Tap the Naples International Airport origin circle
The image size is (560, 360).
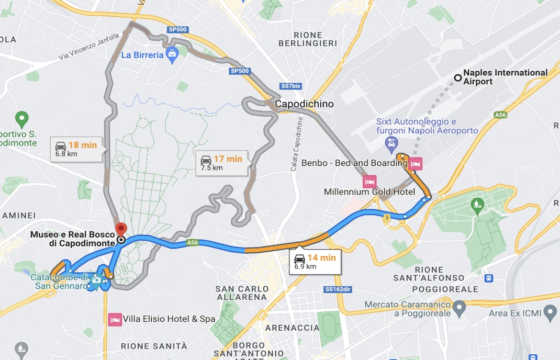(x=458, y=78)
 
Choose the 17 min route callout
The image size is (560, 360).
(x=221, y=163)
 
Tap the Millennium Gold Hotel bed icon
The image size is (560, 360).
(x=369, y=181)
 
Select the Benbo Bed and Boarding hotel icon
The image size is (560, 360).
(x=416, y=164)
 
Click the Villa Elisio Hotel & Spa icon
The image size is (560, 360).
(x=115, y=319)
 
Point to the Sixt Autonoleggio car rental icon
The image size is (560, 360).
(x=390, y=142)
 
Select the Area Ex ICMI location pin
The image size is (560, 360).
(x=550, y=313)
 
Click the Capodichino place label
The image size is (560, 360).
(x=304, y=104)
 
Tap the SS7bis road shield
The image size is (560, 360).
(x=291, y=86)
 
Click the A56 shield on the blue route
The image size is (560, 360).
(x=193, y=243)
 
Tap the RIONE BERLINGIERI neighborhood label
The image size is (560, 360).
(x=308, y=39)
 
